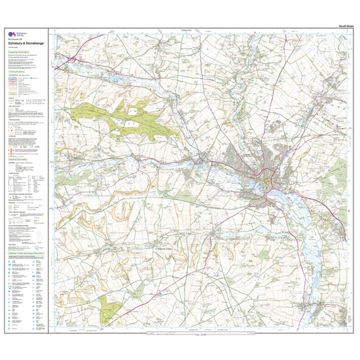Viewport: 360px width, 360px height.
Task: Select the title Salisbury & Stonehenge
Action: tap(26, 46)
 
